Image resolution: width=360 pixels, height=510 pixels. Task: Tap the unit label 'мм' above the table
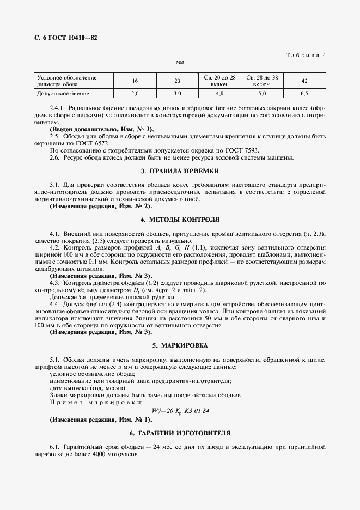pyautogui.click(x=180, y=63)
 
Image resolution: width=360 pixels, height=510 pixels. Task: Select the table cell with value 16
pyautogui.click(x=135, y=81)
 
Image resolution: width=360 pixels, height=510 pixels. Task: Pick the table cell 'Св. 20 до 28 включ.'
pyautogui.click(x=220, y=81)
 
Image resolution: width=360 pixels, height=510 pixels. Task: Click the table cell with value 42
pyautogui.click(x=304, y=81)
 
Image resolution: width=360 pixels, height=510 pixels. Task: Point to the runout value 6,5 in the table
pyautogui.click(x=304, y=94)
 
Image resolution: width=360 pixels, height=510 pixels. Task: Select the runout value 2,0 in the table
pyautogui.click(x=135, y=94)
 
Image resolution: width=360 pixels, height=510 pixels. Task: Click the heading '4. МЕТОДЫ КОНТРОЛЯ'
pyautogui.click(x=180, y=220)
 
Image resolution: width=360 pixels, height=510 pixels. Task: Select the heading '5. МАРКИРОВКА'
pyautogui.click(x=180, y=345)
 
